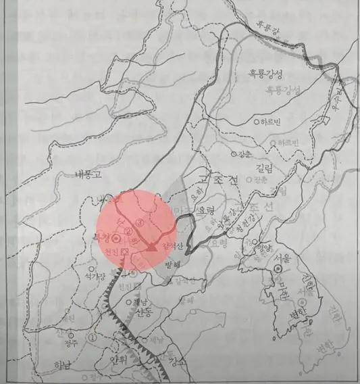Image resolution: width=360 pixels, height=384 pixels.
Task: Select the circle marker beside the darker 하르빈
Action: click(x=256, y=123)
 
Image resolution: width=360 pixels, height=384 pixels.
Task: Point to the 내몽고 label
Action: click(x=88, y=174)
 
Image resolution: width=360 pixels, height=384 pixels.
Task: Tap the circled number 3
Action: click(x=140, y=222)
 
